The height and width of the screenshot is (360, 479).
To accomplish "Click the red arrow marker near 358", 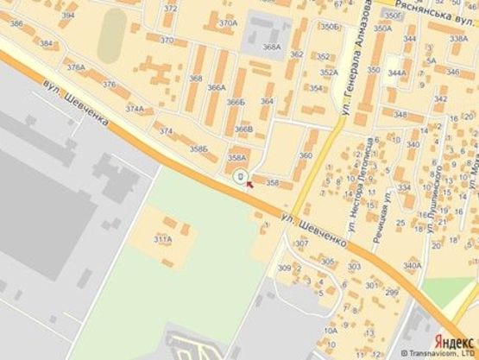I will pos(249,183).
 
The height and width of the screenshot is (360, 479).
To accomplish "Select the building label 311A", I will pos(162,238).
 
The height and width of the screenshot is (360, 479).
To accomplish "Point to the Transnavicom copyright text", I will pos(430,353).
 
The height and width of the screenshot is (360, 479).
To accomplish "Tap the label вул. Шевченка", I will pos(77,103).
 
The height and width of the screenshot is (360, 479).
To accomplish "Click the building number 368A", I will pos(272,47).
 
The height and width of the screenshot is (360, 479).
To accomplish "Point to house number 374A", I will pos(135,109).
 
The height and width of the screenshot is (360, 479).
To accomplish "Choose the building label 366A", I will pos(216,87).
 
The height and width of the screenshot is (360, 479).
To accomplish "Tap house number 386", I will pos(16,23).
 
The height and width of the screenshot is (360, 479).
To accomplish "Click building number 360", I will pos(305,155).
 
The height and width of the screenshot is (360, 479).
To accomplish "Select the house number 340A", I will pos(413,265).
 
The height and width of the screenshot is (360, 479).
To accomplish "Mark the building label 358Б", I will pos(199,149).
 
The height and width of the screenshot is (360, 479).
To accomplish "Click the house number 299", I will pos(391,292).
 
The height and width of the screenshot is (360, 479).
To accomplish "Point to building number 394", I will pos(68,16).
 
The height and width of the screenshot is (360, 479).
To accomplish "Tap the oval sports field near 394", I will pos(110,35).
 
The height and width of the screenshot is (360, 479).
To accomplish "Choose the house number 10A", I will pos(331,331).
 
